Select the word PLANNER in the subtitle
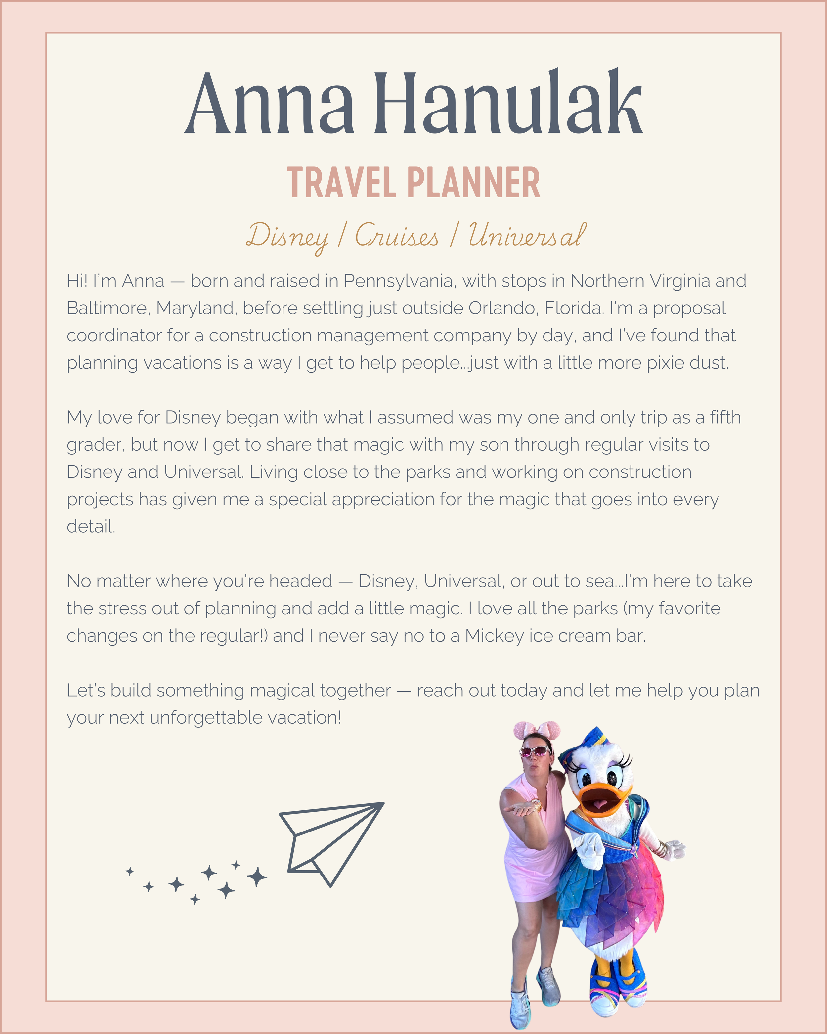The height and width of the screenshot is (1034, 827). pyautogui.click(x=474, y=183)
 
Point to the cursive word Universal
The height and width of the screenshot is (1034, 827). pyautogui.click(x=526, y=236)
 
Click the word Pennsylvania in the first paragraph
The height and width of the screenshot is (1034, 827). pyautogui.click(x=398, y=281)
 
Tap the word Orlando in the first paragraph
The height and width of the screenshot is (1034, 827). pyautogui.click(x=501, y=308)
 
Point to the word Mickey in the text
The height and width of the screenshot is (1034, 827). pyautogui.click(x=494, y=636)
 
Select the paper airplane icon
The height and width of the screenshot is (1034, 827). pyautogui.click(x=330, y=842)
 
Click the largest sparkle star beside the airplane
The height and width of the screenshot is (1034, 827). pyautogui.click(x=257, y=877)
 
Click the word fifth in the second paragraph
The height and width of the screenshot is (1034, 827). pyautogui.click(x=725, y=418)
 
